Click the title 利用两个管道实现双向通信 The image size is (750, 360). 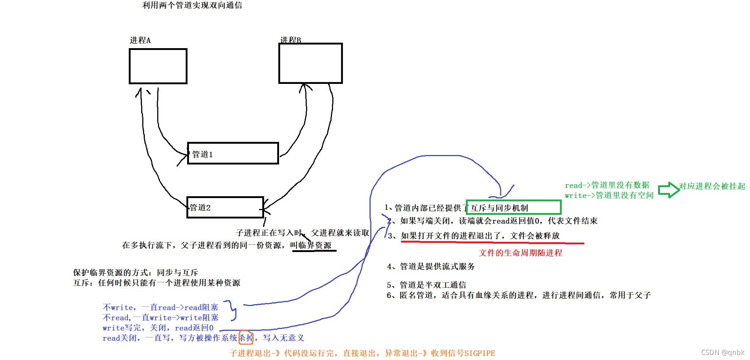pyautogui.click(x=192, y=5)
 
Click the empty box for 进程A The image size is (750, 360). pyautogui.click(x=158, y=66)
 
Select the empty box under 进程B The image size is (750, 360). pyautogui.click(x=310, y=63)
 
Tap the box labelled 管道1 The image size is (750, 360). pyautogui.click(x=233, y=154)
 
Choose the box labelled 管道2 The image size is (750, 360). pyautogui.click(x=225, y=208)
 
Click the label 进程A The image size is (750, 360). pyautogui.click(x=140, y=40)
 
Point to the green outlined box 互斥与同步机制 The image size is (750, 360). pyautogui.click(x=513, y=208)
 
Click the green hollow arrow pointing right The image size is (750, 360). pyautogui.click(x=668, y=190)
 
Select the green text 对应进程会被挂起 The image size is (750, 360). pyautogui.click(x=712, y=186)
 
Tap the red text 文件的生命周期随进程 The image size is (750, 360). pyautogui.click(x=520, y=253)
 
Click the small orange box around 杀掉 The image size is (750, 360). pyautogui.click(x=246, y=338)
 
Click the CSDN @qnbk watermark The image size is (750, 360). pyautogui.click(x=722, y=352)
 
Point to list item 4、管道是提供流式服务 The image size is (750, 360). pyautogui.click(x=431, y=266)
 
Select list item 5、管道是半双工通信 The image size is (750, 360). pyautogui.click(x=426, y=285)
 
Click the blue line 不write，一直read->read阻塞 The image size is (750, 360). pyautogui.click(x=160, y=307)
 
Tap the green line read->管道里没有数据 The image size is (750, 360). pyautogui.click(x=607, y=185)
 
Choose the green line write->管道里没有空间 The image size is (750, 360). pyautogui.click(x=609, y=196)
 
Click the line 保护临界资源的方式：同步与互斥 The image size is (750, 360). pyautogui.click(x=135, y=272)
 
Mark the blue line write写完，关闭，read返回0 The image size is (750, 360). pyautogui.click(x=158, y=328)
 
